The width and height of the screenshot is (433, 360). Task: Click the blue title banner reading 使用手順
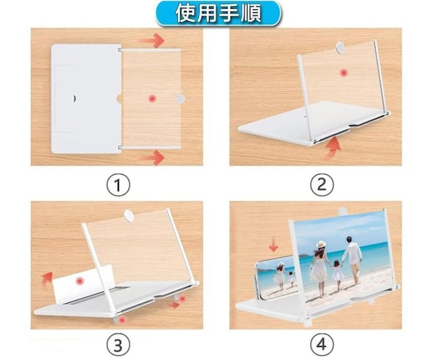click(218, 14)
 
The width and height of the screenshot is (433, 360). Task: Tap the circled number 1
click(118, 185)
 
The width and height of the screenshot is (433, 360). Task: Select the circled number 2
click(322, 185)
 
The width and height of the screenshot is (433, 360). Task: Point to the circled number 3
click(118, 344)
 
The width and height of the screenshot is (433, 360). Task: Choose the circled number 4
click(322, 344)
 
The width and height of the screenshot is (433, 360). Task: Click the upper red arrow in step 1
click(152, 41)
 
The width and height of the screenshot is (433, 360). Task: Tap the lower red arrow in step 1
click(152, 158)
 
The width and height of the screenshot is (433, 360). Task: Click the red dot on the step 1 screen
click(152, 99)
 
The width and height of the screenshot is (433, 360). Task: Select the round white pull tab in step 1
click(181, 99)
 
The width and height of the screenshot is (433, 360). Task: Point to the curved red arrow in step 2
click(332, 148)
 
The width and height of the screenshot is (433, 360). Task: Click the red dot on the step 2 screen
click(344, 73)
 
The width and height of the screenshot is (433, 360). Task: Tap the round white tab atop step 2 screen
click(340, 47)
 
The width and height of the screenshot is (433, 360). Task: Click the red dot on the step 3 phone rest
click(80, 281)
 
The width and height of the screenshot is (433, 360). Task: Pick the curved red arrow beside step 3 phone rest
click(47, 278)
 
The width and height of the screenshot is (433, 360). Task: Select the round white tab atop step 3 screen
click(129, 215)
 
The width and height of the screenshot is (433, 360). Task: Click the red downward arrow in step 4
click(273, 246)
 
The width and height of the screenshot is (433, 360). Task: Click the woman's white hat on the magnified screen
click(321, 245)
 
